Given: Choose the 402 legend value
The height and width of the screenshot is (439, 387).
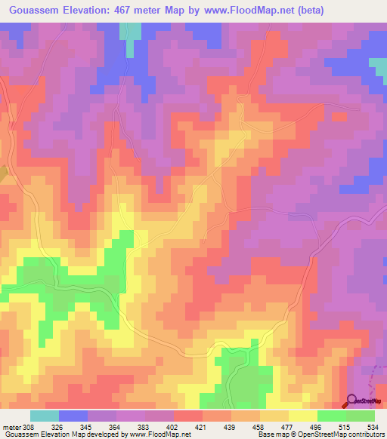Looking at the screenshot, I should [x=174, y=427].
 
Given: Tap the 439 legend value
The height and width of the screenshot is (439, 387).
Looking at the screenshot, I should [x=231, y=427].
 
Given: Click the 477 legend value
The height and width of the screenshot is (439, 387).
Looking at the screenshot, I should [x=289, y=427].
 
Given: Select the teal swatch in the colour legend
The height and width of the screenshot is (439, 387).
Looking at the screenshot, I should [x=44, y=416].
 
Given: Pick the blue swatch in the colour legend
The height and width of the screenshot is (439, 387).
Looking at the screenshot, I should [x=73, y=416].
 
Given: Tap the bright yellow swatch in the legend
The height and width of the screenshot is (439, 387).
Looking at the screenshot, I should [x=302, y=416].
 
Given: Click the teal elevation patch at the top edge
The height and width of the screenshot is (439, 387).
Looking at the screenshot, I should [x=131, y=32].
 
